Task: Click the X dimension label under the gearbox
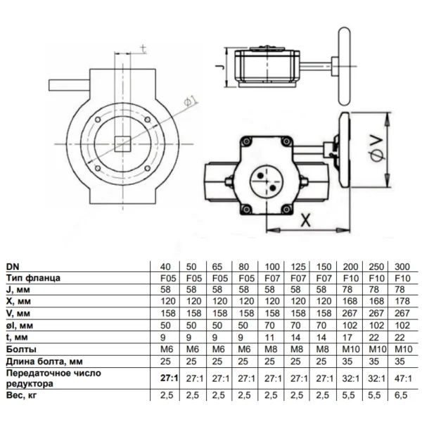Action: tap(305, 220)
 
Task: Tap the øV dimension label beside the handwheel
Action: tap(376, 149)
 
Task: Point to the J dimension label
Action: tap(220, 68)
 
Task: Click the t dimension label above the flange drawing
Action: tap(143, 49)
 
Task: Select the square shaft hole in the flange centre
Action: tap(122, 144)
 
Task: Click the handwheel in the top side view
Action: tap(345, 66)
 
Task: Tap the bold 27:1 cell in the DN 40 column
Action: tap(170, 378)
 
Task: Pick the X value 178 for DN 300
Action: tap(402, 301)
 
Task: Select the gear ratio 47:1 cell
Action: tap(403, 378)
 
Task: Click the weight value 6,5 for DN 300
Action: tap(401, 395)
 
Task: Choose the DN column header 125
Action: tap(298, 267)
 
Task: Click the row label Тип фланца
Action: tap(33, 278)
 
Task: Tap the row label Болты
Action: tap(21, 349)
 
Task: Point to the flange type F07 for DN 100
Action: tap(272, 278)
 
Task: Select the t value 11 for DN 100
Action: tap(269, 337)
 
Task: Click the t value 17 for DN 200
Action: tap(347, 337)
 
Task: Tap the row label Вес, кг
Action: tap(21, 395)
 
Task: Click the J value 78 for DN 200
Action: tap(347, 289)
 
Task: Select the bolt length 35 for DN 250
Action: tap(373, 362)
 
